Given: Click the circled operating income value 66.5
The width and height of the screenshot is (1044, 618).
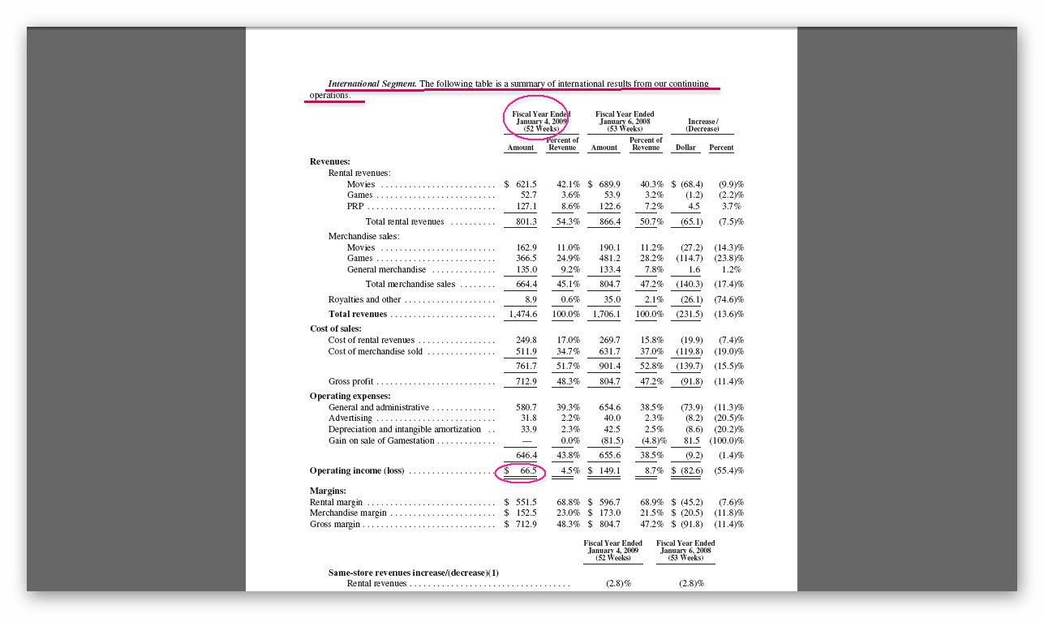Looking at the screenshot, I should coord(527,470).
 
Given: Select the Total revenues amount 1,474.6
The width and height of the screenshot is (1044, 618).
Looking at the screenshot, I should coord(522,314).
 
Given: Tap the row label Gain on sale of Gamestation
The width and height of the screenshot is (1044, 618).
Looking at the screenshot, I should coord(381,440).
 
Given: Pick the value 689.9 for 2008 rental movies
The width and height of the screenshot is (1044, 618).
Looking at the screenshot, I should coord(607,184).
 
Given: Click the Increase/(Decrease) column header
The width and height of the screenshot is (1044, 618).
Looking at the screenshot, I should coord(702,125).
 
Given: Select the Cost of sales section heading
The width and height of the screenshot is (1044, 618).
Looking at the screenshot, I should coord(336,328).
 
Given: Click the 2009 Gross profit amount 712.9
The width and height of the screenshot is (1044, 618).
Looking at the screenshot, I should coord(525,381).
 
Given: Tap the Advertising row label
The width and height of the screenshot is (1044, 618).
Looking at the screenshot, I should coord(350,418).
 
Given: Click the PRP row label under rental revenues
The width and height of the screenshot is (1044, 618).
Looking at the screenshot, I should coord(355,206).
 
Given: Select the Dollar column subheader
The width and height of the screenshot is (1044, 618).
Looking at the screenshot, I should coord(686,148).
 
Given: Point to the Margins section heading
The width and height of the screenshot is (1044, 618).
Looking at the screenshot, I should coord(328,491).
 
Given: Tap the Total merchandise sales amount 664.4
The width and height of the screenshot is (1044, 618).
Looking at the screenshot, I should coord(525,284).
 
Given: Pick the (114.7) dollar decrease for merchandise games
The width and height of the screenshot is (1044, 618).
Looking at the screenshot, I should coord(689,258).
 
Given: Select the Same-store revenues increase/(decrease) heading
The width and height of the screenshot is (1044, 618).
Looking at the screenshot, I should coord(414,573).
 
